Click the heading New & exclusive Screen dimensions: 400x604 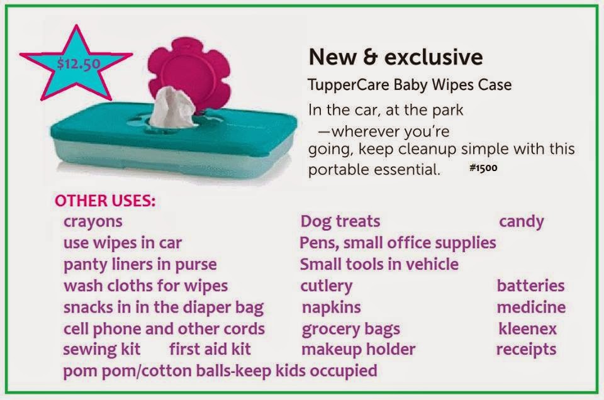395,57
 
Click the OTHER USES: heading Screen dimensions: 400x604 105,201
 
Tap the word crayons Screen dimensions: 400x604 92,221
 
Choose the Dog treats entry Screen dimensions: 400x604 340,221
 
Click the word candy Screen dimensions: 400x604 521,221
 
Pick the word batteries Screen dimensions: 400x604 530,286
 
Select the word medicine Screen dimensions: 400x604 530,307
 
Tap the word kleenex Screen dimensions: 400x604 527,328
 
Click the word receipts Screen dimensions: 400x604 526,349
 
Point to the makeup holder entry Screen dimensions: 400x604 358,349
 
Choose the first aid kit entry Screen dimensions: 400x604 210,349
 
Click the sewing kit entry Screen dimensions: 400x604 101,349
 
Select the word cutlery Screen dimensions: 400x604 326,286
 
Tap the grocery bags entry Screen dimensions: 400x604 350,329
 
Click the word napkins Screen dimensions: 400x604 331,307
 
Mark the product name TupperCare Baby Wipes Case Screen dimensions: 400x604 410,84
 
